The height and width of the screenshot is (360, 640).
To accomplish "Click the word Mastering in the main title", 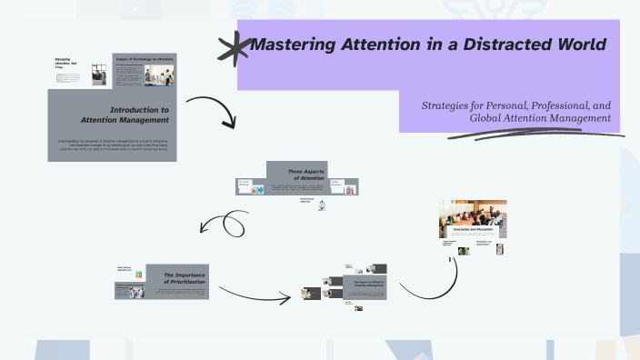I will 292,45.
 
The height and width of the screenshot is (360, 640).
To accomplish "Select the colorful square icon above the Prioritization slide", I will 138,274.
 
